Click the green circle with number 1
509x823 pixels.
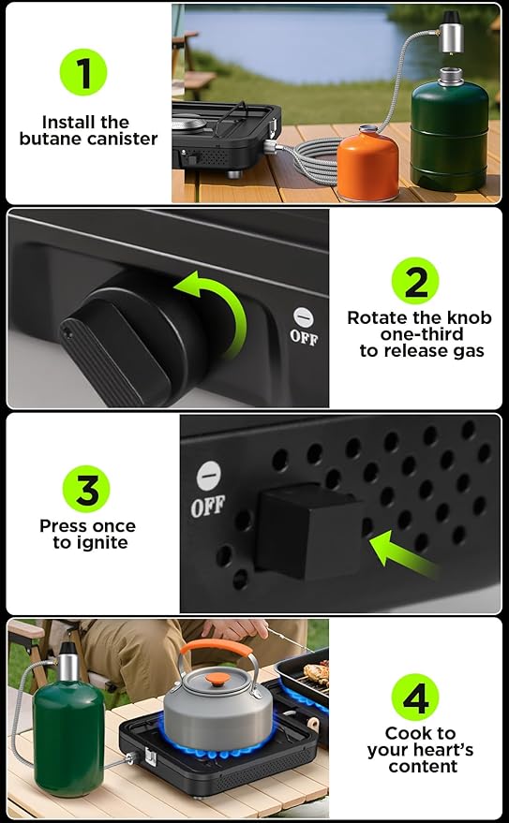[x=83, y=72]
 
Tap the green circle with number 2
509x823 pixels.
[x=415, y=281]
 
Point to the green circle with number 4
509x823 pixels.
[x=415, y=697]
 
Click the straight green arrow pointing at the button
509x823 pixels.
[x=403, y=555]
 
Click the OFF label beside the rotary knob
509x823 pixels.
[x=304, y=337]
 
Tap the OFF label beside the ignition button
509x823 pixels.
[x=207, y=506]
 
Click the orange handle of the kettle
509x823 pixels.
[x=216, y=648]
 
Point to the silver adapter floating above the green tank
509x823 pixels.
[x=451, y=32]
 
